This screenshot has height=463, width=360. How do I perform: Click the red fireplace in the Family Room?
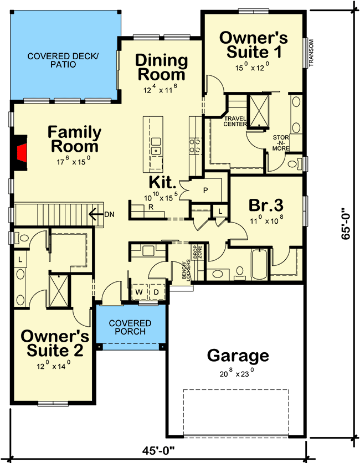20,152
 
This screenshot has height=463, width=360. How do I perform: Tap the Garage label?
238,356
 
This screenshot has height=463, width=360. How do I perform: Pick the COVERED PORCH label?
130,327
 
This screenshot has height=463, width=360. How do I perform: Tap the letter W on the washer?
140,291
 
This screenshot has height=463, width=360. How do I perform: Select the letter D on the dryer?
156,291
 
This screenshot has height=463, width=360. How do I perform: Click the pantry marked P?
205,190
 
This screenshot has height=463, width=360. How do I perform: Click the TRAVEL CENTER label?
235,121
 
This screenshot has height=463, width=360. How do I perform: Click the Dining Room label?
161,66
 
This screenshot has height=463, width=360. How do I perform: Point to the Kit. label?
162,182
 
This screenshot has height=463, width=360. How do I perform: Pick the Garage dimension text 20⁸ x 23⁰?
237,372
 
